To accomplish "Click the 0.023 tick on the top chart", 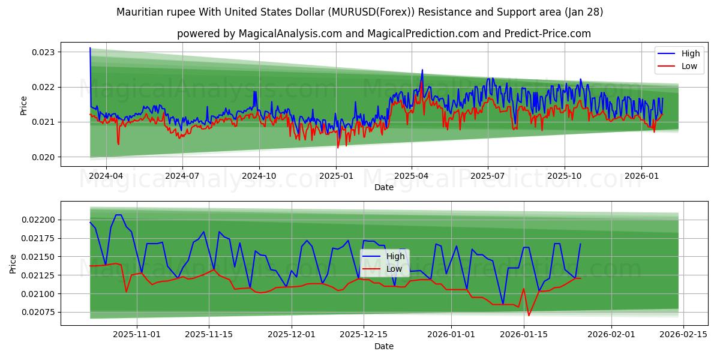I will pos(43,52).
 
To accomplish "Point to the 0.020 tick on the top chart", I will pos(43,157).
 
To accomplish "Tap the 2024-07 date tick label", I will pos(182,176).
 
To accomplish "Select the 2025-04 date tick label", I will pos(411,176).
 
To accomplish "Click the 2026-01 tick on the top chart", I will pos(641,176).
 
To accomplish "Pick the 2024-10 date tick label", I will pos(259,176).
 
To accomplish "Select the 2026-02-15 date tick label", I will pos(683,334).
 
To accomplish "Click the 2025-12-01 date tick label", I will pos(291,334).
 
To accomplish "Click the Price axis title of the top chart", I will pos(24,105).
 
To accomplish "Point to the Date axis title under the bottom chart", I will pos(384,346).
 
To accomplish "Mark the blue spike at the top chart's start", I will pos(90,49).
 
